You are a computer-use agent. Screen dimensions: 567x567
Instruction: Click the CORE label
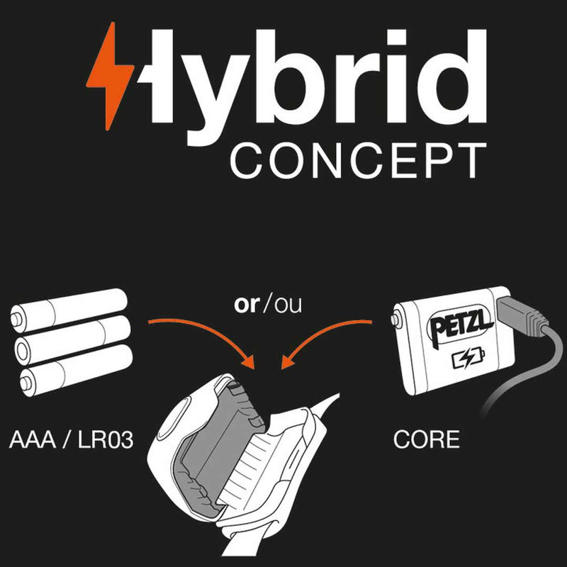pos(426,439)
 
